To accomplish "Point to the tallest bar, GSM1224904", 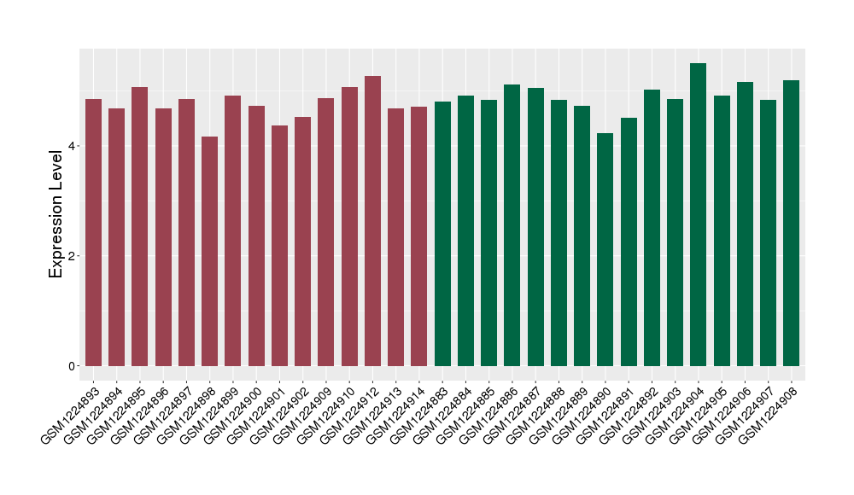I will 699,214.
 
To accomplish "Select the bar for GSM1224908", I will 792,223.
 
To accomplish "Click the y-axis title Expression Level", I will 56,213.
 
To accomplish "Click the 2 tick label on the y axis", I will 73,256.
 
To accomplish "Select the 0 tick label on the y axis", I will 73,366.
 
